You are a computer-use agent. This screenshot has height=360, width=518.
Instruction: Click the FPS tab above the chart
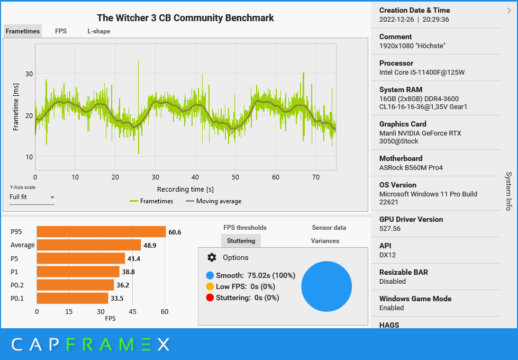(61, 31)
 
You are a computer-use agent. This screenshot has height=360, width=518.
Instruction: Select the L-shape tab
(99, 31)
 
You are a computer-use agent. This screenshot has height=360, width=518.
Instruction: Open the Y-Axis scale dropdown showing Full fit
(32, 197)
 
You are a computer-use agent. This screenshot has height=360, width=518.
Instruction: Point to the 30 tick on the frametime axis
(29, 74)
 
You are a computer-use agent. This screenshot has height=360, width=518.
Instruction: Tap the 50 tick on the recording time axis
(235, 177)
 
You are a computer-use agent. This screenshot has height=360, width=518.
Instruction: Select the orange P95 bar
(101, 232)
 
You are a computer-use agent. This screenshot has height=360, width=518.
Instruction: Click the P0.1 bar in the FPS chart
(72, 298)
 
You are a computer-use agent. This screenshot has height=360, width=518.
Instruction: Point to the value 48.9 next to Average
(150, 246)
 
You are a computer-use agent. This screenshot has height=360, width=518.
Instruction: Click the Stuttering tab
(241, 241)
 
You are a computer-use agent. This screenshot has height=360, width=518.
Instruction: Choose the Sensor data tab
(329, 228)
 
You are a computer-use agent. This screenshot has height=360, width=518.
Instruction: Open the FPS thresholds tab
(245, 228)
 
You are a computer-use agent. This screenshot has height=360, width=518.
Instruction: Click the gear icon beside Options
(212, 257)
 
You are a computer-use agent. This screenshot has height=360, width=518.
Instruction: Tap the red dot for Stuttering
(210, 298)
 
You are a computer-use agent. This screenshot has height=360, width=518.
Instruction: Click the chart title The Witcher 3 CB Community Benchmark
(185, 18)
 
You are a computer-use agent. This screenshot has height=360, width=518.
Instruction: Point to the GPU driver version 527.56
(390, 228)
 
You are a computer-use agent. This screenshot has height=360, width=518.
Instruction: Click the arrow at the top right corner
(509, 10)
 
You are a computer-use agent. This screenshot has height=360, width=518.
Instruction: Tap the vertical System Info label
(508, 191)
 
